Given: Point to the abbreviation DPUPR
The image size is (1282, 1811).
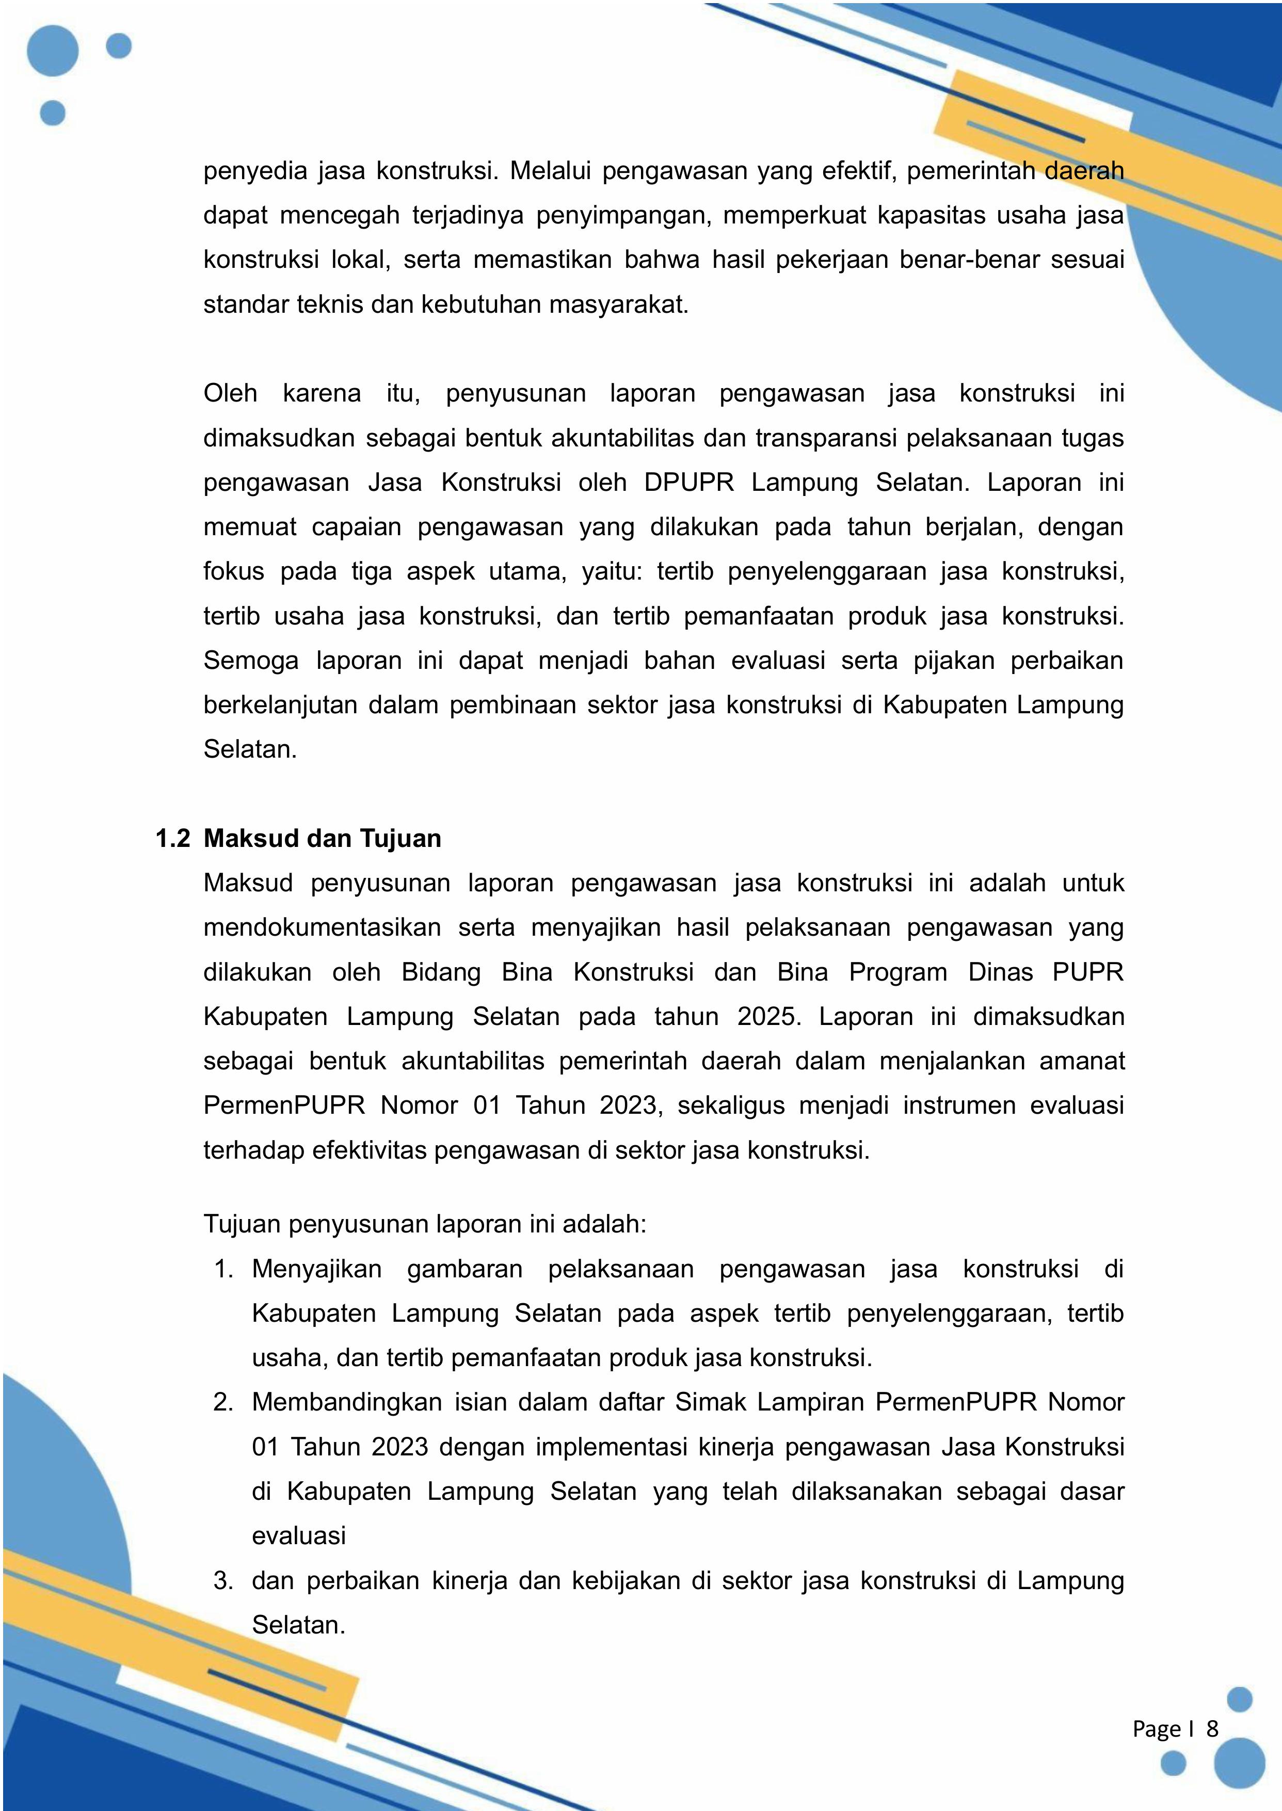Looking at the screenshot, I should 688,483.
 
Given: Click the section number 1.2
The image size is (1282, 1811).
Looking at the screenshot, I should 173,838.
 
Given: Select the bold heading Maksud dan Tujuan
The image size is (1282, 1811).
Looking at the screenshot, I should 322,838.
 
